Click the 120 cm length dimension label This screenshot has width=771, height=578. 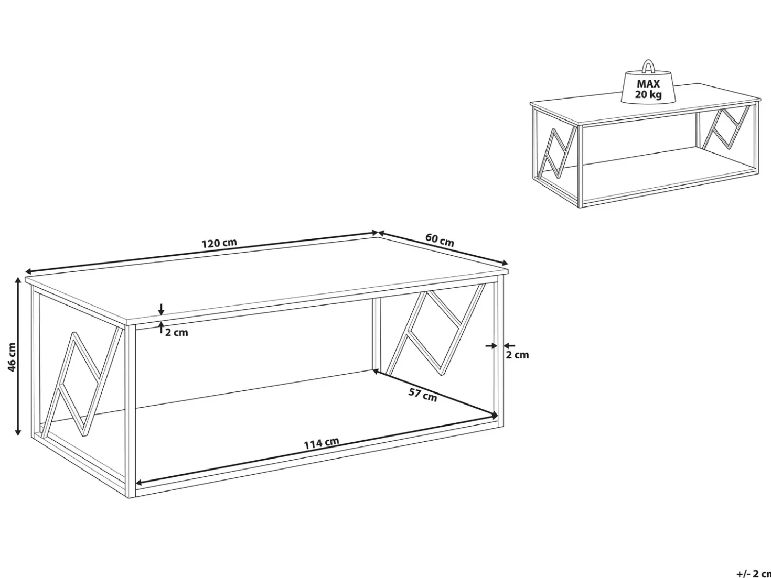(x=219, y=243)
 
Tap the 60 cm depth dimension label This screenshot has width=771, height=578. (x=440, y=240)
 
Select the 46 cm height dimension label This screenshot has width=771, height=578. (x=12, y=357)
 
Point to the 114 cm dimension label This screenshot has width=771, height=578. (x=322, y=443)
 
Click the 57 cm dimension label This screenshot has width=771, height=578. (x=423, y=395)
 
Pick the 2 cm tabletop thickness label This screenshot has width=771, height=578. (x=177, y=333)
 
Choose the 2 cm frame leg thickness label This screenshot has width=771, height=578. (x=517, y=355)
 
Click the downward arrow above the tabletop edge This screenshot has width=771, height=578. (x=161, y=309)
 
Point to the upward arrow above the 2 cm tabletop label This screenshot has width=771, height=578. (x=161, y=327)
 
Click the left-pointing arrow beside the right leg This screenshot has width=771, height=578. (x=509, y=346)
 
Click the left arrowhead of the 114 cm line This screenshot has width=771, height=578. (x=139, y=482)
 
